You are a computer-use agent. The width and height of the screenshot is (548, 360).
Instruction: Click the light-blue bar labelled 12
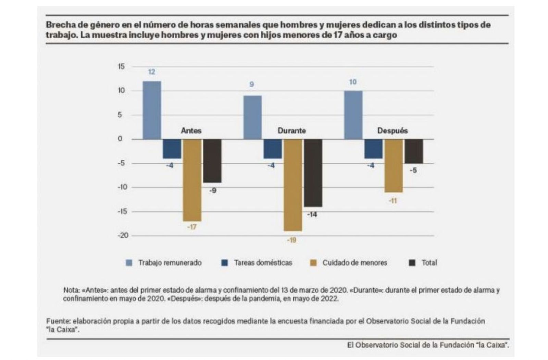152,110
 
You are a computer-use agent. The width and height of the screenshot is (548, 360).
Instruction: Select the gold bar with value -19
293,185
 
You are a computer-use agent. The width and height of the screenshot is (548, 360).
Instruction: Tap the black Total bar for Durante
313,173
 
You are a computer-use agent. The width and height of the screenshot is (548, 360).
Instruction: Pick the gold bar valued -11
394,166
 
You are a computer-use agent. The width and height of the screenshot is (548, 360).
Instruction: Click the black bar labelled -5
414,151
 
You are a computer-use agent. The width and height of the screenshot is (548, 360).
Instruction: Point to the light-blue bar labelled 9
252,117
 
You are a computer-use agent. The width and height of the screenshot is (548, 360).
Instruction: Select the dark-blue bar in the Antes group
172,149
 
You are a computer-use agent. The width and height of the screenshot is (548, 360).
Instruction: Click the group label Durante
291,131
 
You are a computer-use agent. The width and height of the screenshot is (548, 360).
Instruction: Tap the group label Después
392,131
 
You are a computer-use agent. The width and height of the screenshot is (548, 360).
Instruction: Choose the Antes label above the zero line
191,131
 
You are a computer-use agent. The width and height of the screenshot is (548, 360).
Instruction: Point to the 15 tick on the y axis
121,66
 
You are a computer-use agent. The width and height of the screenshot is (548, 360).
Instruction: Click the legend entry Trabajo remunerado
170,263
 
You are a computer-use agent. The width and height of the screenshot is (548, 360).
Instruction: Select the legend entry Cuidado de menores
354,263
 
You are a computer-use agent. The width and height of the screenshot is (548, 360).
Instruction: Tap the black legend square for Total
412,263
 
